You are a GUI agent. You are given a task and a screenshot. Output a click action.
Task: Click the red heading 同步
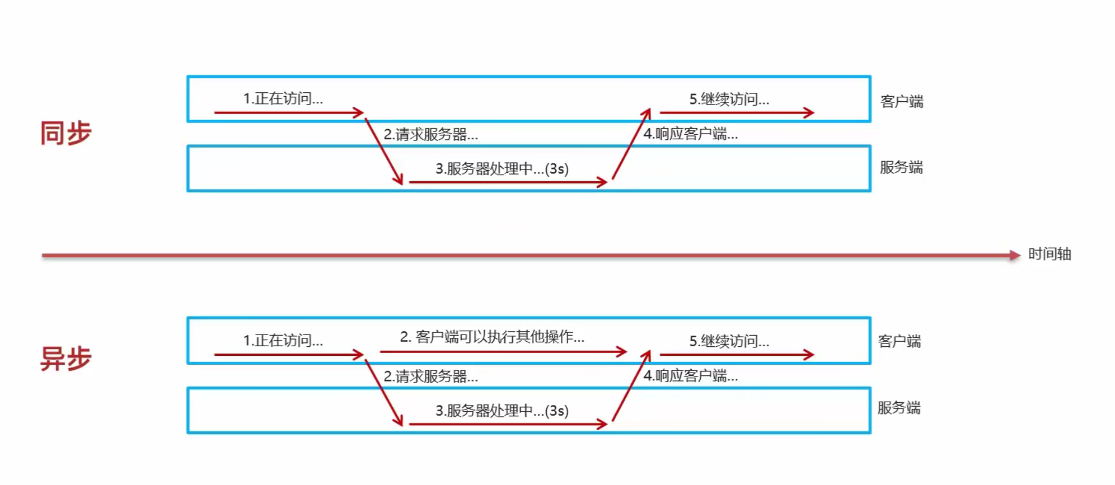[x=65, y=133]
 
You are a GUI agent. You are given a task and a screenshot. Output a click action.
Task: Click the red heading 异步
[x=65, y=359]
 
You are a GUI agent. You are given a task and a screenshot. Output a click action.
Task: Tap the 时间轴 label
[x=1049, y=254]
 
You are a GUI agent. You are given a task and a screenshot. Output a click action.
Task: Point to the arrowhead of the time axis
[x=1014, y=256]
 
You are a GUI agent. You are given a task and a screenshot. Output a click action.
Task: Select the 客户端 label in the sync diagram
[x=901, y=101]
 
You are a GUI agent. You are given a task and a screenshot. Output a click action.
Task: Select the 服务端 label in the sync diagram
[x=901, y=167]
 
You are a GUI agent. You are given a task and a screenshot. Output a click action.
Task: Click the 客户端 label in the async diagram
[x=899, y=341]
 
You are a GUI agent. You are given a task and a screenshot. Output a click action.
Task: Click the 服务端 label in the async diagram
[x=898, y=408]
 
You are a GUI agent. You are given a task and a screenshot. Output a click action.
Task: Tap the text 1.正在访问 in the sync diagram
[x=283, y=98]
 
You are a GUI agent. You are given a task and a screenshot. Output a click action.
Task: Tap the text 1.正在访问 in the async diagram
[x=283, y=340]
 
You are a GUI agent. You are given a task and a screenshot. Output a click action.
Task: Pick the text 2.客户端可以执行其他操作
[x=491, y=337]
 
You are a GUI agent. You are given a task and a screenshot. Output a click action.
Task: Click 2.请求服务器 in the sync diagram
[x=430, y=134]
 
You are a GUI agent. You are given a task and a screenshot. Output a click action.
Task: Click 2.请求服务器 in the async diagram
[x=430, y=376]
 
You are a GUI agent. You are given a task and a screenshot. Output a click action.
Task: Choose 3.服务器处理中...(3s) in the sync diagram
[x=502, y=168]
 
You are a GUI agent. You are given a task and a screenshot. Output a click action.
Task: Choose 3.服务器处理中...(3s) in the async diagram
[x=502, y=411]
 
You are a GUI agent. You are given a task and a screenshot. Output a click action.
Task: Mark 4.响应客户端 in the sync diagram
[x=690, y=134]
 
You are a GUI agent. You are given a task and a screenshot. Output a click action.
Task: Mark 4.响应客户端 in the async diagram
[x=690, y=375]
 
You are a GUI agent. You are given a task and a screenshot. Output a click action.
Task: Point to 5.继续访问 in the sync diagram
[x=729, y=99]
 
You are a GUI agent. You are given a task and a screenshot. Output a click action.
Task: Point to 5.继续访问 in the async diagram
[x=729, y=341]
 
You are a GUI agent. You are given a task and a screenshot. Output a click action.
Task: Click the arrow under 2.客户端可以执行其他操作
[x=503, y=352]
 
